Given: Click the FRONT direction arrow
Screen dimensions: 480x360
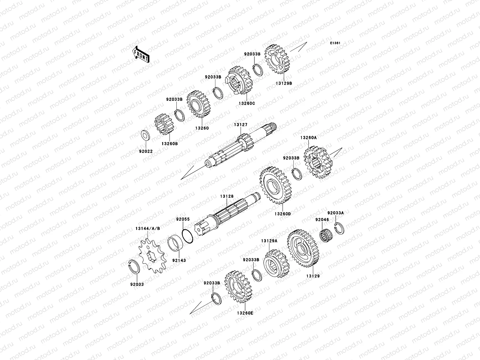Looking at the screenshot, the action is tap(141, 54).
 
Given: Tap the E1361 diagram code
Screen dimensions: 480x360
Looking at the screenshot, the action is tap(335, 43).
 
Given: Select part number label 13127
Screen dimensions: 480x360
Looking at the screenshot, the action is tap(241, 124).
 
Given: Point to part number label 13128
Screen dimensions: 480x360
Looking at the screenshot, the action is tap(227, 196).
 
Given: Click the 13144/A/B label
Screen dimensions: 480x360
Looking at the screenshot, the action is tap(148, 228).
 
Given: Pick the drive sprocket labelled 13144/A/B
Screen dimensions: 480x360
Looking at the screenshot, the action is tap(152, 256).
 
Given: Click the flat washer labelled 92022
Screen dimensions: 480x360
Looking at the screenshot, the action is tap(145, 136).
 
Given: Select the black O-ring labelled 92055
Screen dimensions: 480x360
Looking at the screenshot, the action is tap(187, 236).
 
